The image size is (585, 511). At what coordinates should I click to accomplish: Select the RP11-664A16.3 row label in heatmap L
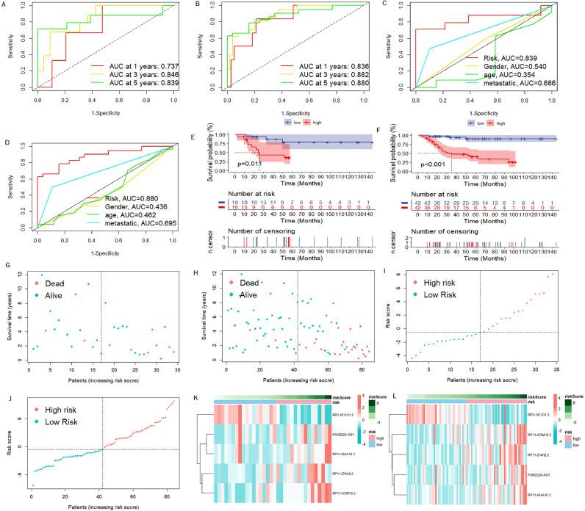[x=547, y=496]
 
